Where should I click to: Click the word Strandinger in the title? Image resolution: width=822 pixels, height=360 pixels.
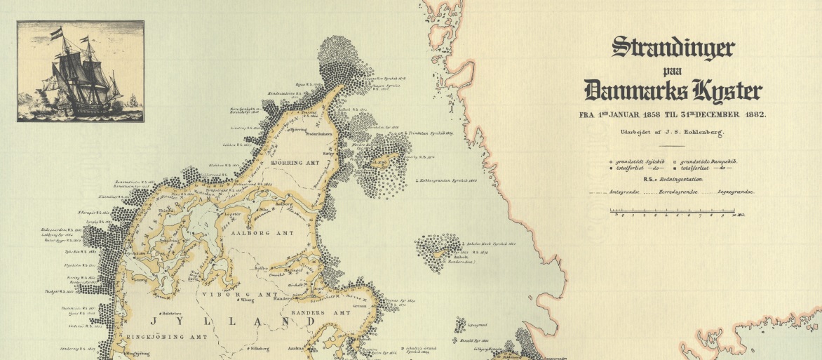tap(673, 48)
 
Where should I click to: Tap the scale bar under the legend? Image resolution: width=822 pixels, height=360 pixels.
tap(673, 210)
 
